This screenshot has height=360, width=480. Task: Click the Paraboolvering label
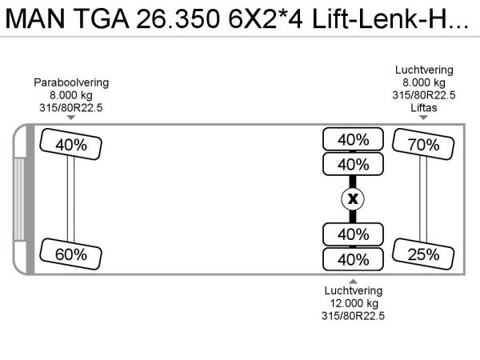(71, 82)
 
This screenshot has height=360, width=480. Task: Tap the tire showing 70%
(422, 145)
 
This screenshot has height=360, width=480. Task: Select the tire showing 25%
(422, 254)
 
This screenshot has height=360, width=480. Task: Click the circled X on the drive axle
(353, 199)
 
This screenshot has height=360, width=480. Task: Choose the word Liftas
(425, 107)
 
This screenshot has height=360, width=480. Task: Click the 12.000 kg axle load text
(353, 303)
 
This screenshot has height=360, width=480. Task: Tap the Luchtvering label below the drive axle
(353, 290)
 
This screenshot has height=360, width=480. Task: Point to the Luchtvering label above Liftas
(425, 70)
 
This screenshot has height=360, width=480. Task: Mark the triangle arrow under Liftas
(424, 118)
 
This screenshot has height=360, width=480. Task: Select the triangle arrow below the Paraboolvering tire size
(70, 118)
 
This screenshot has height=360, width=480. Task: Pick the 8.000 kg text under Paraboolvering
(71, 94)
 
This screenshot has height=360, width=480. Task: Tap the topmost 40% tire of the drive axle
(353, 139)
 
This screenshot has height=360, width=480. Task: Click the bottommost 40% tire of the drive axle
(353, 260)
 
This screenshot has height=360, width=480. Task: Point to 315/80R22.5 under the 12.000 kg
(353, 316)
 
